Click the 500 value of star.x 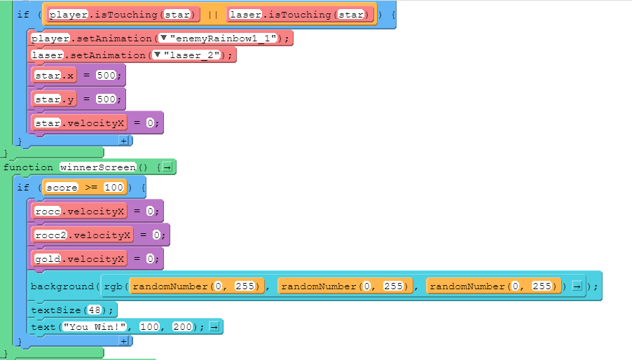[x=105, y=75]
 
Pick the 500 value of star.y [x=105, y=99]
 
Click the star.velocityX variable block [x=79, y=123]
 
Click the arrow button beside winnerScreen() [x=168, y=167]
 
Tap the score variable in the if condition [x=61, y=187]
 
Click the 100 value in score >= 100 [x=114, y=187]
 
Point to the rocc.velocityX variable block [x=79, y=211]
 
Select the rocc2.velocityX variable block [x=82, y=235]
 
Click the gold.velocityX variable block [x=79, y=258]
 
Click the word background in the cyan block [x=62, y=286]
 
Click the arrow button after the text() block [x=216, y=326]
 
